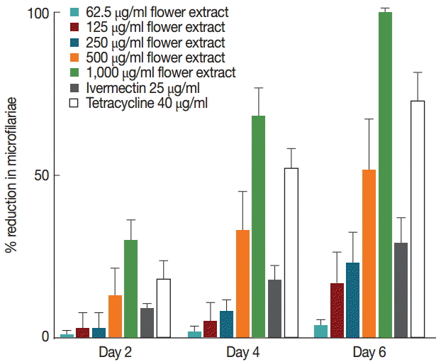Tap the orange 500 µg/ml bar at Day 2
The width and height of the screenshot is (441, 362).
point(115,316)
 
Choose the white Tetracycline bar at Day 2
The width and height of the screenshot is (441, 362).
point(164,308)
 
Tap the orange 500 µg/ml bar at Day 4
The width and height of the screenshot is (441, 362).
point(242,283)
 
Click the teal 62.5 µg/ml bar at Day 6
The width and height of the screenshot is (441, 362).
point(320,331)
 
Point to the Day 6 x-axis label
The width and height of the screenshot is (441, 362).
point(370,351)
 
